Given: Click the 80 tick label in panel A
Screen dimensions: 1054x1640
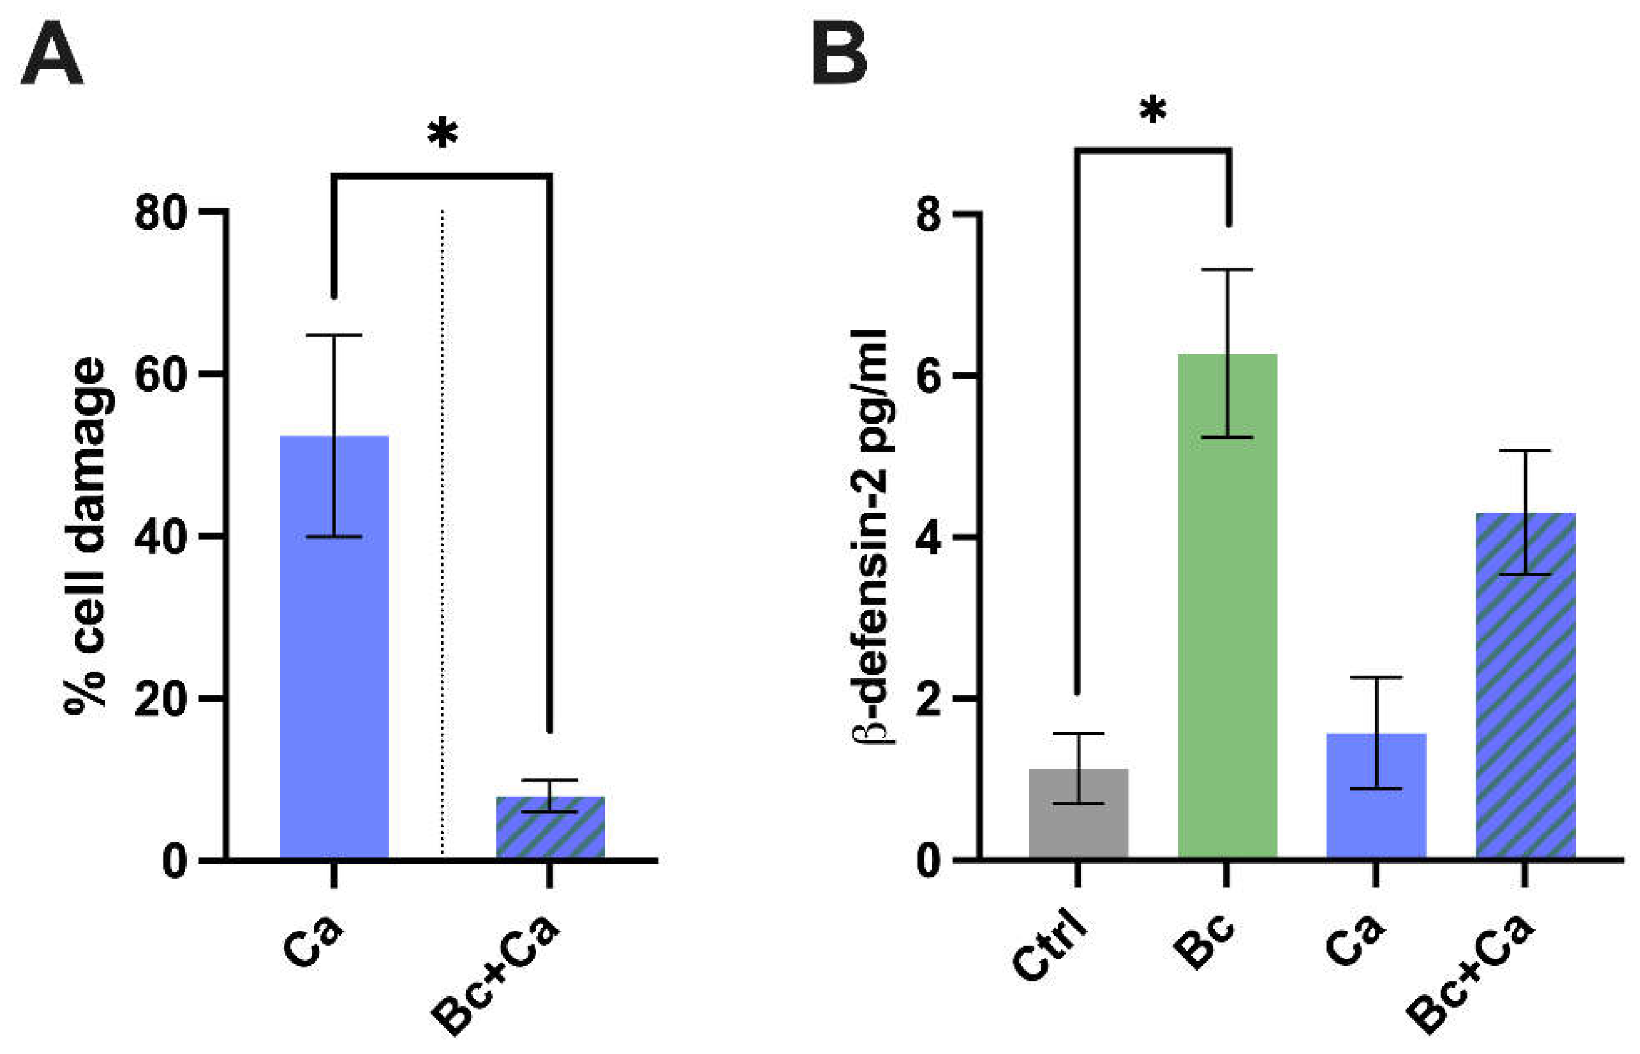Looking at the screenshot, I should [x=161, y=213].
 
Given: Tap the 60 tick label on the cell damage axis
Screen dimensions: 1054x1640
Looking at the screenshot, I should [x=161, y=374].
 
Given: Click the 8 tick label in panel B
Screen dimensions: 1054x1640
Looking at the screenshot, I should [x=930, y=214].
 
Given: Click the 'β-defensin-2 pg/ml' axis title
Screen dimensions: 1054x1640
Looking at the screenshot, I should [x=870, y=537].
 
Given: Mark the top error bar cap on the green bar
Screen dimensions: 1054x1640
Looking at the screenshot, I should [x=1229, y=270].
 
